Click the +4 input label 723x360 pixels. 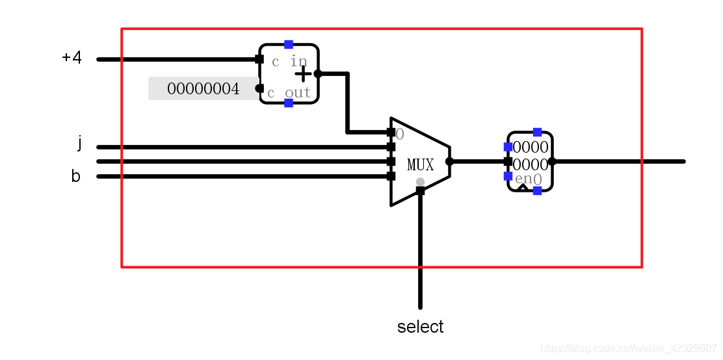72,58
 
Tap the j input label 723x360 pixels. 79,143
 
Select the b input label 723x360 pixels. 76,176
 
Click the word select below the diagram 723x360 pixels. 420,327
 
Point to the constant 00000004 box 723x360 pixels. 204,88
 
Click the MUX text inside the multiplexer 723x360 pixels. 420,165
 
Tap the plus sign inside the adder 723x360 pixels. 303,74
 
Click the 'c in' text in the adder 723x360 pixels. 289,62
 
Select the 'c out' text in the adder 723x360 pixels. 289,93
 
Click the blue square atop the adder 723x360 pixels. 289,44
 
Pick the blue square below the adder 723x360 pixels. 289,103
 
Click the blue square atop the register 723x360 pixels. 537,132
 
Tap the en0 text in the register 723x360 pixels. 528,179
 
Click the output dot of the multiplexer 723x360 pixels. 449,161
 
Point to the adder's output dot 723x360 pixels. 318,73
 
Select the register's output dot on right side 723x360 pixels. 551,161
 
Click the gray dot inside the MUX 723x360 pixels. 420,182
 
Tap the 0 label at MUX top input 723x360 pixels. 399,135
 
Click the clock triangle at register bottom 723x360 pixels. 522,188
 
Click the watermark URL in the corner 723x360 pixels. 628,349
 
